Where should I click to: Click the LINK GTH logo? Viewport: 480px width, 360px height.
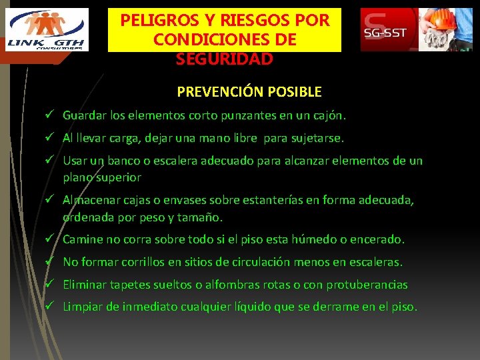(x=47, y=29)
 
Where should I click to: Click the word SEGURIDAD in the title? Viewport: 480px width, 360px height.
(x=225, y=59)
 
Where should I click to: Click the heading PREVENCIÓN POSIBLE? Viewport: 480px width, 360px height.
(x=249, y=91)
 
